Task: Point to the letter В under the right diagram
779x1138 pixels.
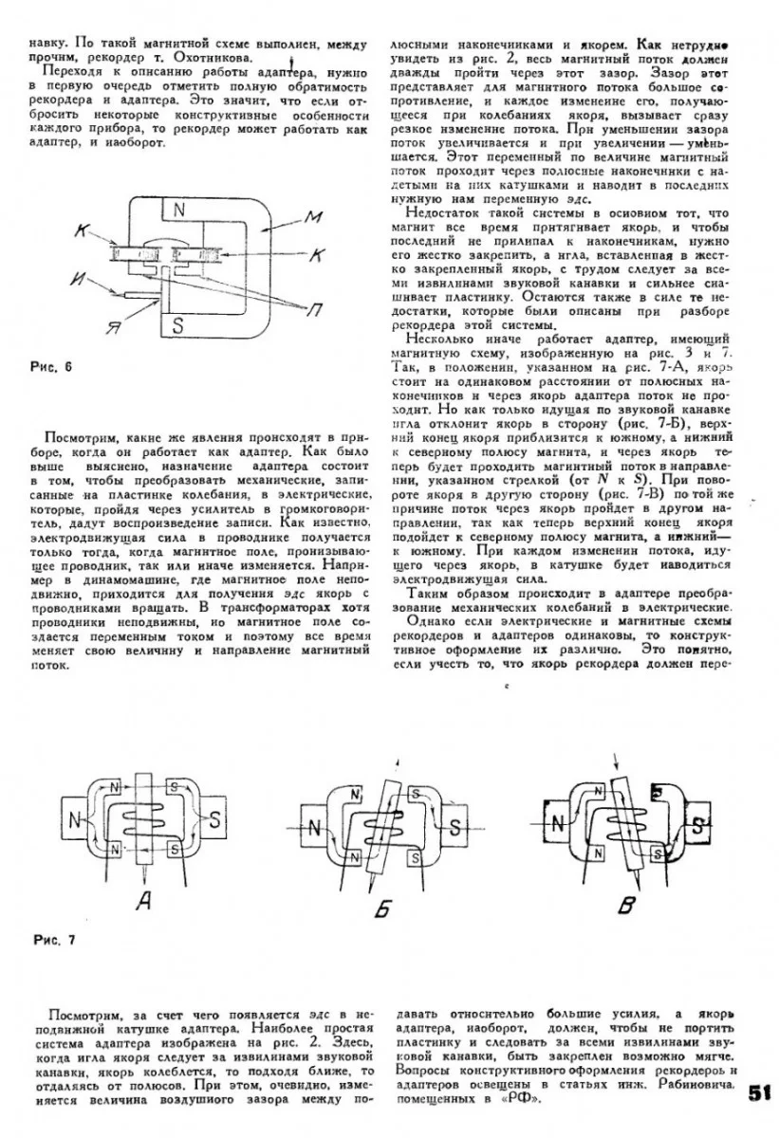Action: [625, 907]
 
